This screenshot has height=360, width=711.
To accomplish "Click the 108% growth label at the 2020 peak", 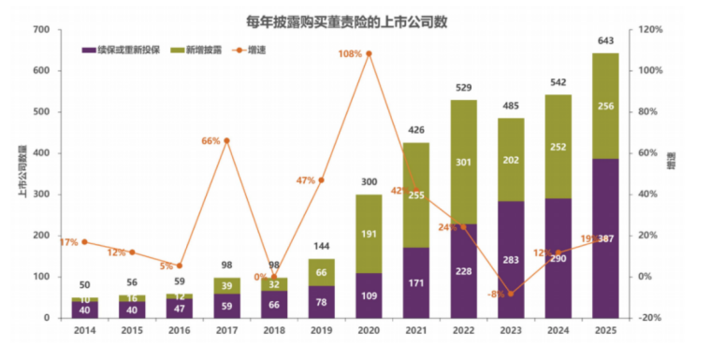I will tap(350, 53).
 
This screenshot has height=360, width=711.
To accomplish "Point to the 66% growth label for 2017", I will tap(210, 141).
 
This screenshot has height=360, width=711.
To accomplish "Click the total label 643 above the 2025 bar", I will tap(605, 40).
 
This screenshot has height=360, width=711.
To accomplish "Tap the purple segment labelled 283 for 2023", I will tap(511, 259).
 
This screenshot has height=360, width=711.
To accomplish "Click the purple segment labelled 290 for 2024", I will tap(558, 257).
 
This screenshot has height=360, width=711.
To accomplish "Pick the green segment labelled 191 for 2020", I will tap(369, 234).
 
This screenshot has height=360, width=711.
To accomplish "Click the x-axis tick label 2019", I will tap(321, 332).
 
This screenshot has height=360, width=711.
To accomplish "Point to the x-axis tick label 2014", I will tap(84, 332).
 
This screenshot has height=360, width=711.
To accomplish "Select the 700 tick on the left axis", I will tap(40, 30).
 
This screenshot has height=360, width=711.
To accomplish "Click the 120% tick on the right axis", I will tap(651, 30).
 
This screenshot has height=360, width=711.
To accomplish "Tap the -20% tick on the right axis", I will tap(651, 318).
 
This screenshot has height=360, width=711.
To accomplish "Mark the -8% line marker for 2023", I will tap(510, 294).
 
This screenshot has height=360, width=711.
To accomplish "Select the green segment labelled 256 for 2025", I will tap(605, 106).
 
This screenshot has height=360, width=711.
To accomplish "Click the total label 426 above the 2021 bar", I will tap(416, 130).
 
